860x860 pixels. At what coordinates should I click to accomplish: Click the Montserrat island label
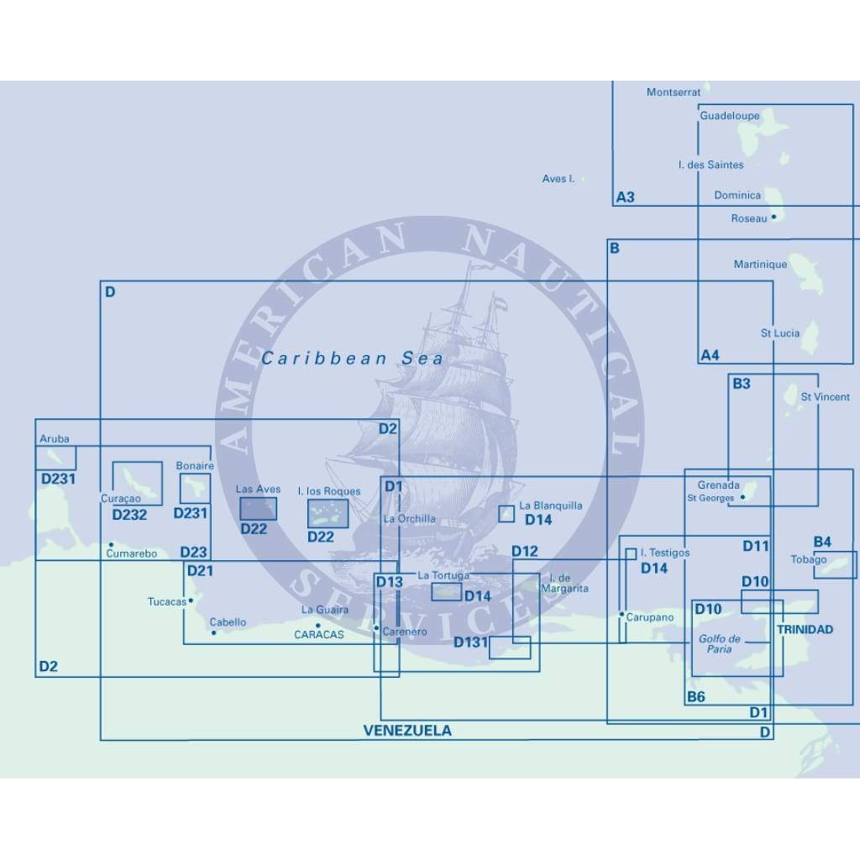673,92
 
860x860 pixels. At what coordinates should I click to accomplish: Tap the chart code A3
626,198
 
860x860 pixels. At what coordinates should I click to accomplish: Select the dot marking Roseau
773,217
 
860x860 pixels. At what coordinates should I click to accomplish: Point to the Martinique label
760,265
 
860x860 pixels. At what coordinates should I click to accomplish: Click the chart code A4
710,355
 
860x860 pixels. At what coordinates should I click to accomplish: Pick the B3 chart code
742,385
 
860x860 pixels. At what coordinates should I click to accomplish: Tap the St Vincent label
825,396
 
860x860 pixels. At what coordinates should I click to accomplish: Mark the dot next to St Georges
742,497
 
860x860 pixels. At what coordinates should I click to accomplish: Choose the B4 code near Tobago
822,542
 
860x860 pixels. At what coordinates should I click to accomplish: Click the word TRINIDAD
805,629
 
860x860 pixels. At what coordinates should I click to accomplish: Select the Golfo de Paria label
720,644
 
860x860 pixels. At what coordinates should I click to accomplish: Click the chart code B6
696,696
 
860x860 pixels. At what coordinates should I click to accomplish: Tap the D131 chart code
470,642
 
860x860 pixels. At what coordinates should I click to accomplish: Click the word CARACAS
319,635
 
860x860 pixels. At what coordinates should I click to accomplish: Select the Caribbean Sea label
352,359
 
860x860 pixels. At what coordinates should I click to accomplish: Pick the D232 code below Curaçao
129,515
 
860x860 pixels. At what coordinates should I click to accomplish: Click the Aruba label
55,438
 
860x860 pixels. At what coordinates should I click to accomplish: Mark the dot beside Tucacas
191,600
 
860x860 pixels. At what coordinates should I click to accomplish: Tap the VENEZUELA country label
407,731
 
